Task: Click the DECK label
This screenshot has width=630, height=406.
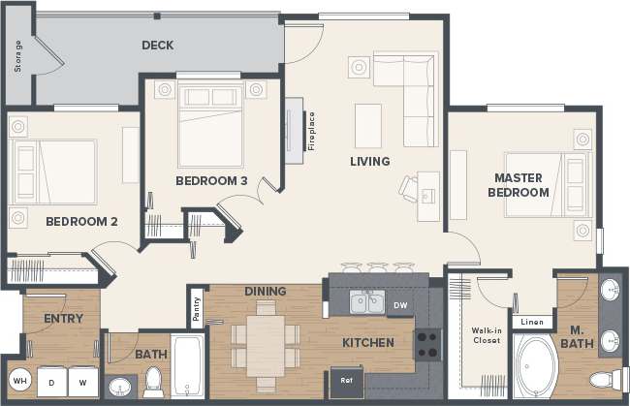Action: (x=157, y=46)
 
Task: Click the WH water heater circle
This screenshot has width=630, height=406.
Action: (x=20, y=381)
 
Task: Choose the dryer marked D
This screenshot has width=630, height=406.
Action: (x=51, y=382)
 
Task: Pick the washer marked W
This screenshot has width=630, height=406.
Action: (x=83, y=382)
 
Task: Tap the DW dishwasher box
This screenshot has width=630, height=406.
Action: (x=401, y=305)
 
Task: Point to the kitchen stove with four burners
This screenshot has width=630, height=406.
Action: (x=428, y=343)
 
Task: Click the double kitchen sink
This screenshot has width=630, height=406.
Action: (x=366, y=304)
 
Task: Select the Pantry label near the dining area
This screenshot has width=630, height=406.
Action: (x=197, y=308)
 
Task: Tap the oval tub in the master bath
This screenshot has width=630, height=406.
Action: (x=534, y=367)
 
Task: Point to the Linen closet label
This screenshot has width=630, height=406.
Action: (x=531, y=322)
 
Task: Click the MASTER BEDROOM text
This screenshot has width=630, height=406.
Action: (x=521, y=185)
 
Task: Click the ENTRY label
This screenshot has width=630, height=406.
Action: (x=63, y=318)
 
